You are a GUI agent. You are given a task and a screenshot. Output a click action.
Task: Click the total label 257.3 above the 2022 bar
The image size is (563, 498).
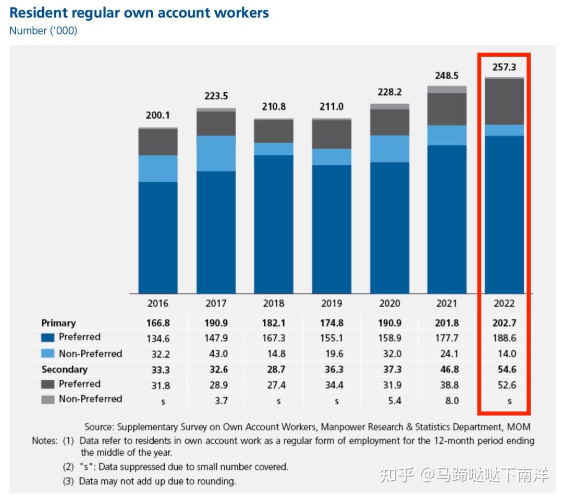[504, 67]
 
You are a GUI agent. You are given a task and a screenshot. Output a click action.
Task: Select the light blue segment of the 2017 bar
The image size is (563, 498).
[216, 153]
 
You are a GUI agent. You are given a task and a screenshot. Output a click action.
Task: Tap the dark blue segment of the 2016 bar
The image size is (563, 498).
[158, 237]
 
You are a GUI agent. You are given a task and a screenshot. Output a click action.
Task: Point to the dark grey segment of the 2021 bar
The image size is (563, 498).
[447, 109]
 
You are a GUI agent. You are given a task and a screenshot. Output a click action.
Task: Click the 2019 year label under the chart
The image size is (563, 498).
[331, 303]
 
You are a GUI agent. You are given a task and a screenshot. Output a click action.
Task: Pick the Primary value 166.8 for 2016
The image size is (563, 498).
[158, 323]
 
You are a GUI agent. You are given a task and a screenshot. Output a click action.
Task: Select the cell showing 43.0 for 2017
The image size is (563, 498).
[216, 354]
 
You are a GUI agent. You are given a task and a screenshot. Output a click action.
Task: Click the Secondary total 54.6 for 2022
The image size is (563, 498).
[504, 369]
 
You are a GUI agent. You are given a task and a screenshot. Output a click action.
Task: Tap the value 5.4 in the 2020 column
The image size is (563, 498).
[389, 400]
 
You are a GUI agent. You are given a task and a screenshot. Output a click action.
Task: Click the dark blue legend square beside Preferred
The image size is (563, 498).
[47, 338]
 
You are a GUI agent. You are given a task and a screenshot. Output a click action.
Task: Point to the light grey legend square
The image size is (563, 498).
[47, 400]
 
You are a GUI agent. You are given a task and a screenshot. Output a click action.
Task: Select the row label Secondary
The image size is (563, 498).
[64, 369]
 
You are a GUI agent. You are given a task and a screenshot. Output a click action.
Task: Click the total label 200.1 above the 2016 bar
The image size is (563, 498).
[158, 116]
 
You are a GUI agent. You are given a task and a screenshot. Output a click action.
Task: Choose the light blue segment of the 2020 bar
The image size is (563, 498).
[389, 148]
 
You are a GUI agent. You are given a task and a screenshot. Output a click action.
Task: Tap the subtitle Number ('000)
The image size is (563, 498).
[43, 31]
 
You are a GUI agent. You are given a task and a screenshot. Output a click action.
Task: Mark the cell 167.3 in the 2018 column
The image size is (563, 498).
[274, 339]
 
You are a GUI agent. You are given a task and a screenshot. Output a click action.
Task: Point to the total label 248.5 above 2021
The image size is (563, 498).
[447, 76]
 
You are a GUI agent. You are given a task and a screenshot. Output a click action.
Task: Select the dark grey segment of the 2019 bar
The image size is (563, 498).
[331, 134]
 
